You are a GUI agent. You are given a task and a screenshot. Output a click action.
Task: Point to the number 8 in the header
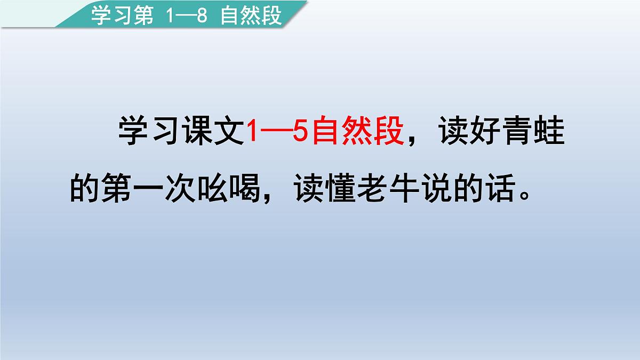202,16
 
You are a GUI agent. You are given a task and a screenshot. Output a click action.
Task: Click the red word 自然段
357,131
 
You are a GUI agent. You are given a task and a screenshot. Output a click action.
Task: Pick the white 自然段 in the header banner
251,16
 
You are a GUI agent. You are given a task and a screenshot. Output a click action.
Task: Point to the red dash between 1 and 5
277,132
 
